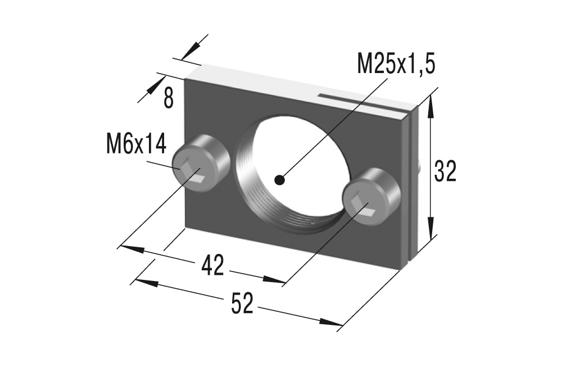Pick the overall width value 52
tap(242, 304)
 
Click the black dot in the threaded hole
tap(279, 180)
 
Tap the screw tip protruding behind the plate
tap(421, 166)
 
